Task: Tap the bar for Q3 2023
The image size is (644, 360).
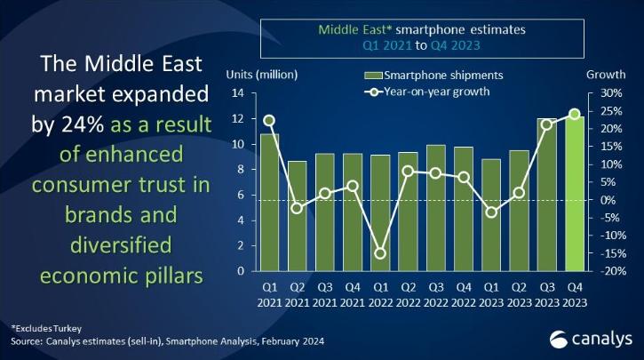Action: (546, 196)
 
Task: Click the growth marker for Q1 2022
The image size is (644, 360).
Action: (380, 253)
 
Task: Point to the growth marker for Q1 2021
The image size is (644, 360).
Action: (269, 120)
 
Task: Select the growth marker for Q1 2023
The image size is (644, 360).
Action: (491, 212)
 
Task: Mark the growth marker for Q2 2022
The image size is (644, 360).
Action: (408, 171)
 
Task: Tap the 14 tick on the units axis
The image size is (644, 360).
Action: (238, 93)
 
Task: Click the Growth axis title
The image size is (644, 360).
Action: (604, 74)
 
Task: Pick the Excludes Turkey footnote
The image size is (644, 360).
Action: (44, 328)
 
